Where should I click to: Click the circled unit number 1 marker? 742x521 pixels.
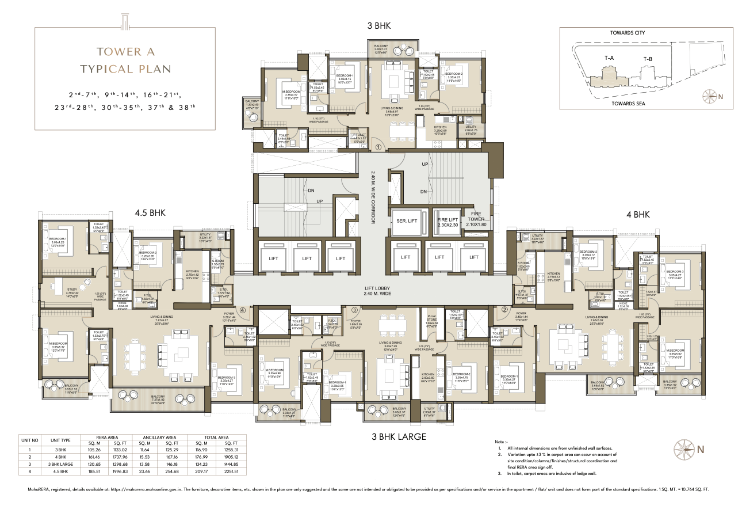[x=378, y=147]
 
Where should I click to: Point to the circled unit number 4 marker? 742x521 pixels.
[x=243, y=310]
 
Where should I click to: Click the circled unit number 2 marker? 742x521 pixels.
[x=505, y=310]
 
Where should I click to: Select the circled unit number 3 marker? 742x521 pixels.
[x=355, y=310]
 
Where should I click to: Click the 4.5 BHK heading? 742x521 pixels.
[x=150, y=213]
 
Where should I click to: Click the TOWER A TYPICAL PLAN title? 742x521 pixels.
[x=125, y=60]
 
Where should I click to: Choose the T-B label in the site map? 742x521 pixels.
[x=648, y=59]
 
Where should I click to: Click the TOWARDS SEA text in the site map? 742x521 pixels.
[x=628, y=103]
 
